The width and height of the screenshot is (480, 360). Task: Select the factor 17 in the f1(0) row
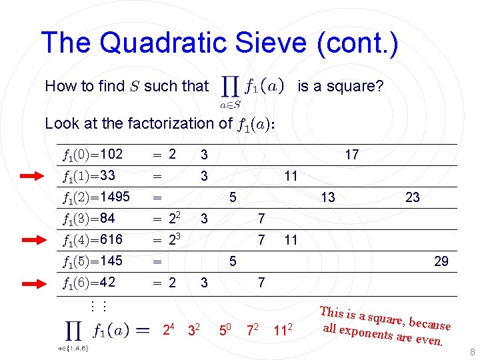(x=351, y=155)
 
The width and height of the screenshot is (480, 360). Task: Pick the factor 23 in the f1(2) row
(x=413, y=197)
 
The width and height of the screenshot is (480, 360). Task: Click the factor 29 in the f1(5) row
(x=441, y=261)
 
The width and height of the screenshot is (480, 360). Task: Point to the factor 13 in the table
(x=327, y=197)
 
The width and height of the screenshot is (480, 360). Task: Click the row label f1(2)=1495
(x=96, y=197)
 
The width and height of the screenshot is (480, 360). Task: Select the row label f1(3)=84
(x=89, y=218)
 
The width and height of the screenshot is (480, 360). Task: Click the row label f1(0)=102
(x=93, y=155)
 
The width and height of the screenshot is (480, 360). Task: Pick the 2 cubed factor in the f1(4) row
(x=175, y=239)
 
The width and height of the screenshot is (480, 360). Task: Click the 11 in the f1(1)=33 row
(x=290, y=177)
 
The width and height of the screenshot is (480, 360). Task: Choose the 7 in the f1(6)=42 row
(x=261, y=283)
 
